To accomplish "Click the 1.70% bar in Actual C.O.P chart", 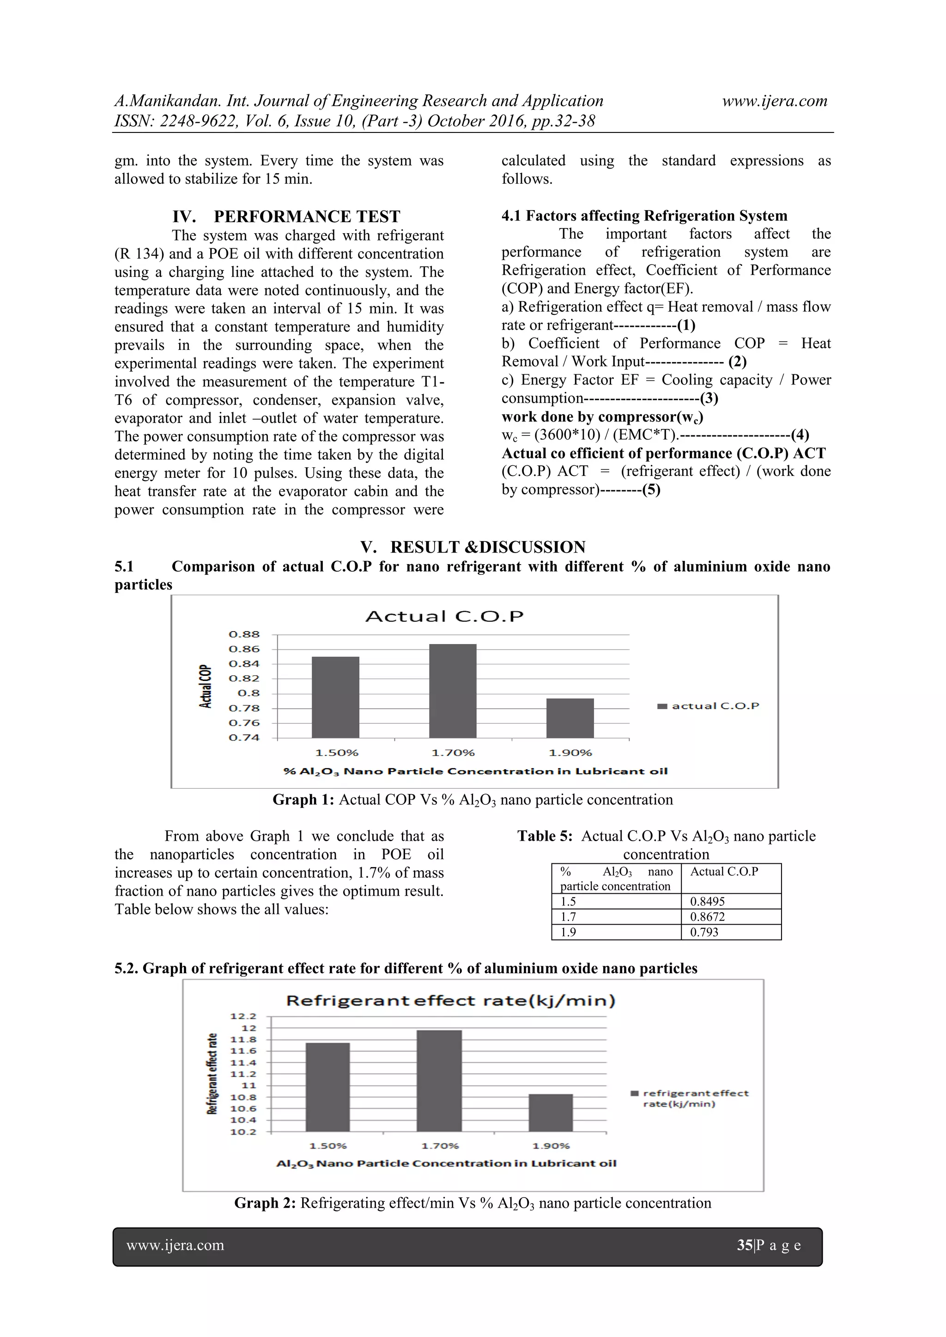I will click(x=453, y=691).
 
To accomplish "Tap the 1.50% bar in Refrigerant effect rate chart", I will click(x=327, y=1087).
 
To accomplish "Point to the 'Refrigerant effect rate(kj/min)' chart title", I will click(x=451, y=1000).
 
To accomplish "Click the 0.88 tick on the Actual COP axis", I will click(x=244, y=634).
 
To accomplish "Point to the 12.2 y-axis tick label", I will click(x=243, y=1016).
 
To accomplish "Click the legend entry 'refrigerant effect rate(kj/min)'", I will click(x=695, y=1098).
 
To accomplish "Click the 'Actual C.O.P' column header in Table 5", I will click(x=724, y=872).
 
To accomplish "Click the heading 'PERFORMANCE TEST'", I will click(x=306, y=217).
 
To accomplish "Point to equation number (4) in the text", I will click(x=800, y=434).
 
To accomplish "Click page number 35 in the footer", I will click(x=745, y=1245).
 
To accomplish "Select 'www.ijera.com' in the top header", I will click(x=774, y=101).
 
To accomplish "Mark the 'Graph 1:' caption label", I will click(x=303, y=800).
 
